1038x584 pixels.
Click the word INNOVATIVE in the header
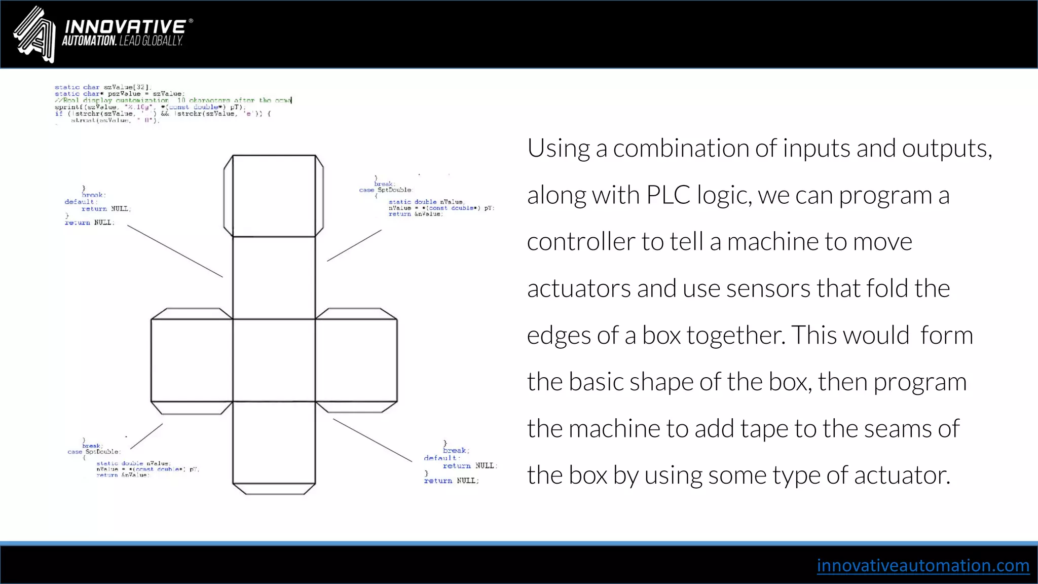coord(125,27)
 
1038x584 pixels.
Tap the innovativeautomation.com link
coord(922,565)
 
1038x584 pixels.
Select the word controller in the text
coord(580,242)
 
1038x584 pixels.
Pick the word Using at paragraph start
coord(558,149)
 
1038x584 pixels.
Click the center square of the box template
coord(274,360)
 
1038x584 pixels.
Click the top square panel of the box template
coord(274,196)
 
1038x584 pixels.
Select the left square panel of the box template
coord(192,360)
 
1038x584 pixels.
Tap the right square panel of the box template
coord(356,360)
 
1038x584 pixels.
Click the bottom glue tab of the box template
coord(274,489)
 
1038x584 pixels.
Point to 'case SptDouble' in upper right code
coord(385,190)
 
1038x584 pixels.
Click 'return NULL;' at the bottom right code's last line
coord(451,481)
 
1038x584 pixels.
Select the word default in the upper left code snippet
coord(79,202)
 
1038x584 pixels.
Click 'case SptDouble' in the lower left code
coord(93,452)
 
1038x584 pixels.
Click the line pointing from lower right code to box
coord(372,440)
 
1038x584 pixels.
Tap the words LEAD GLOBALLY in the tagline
coord(151,41)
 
